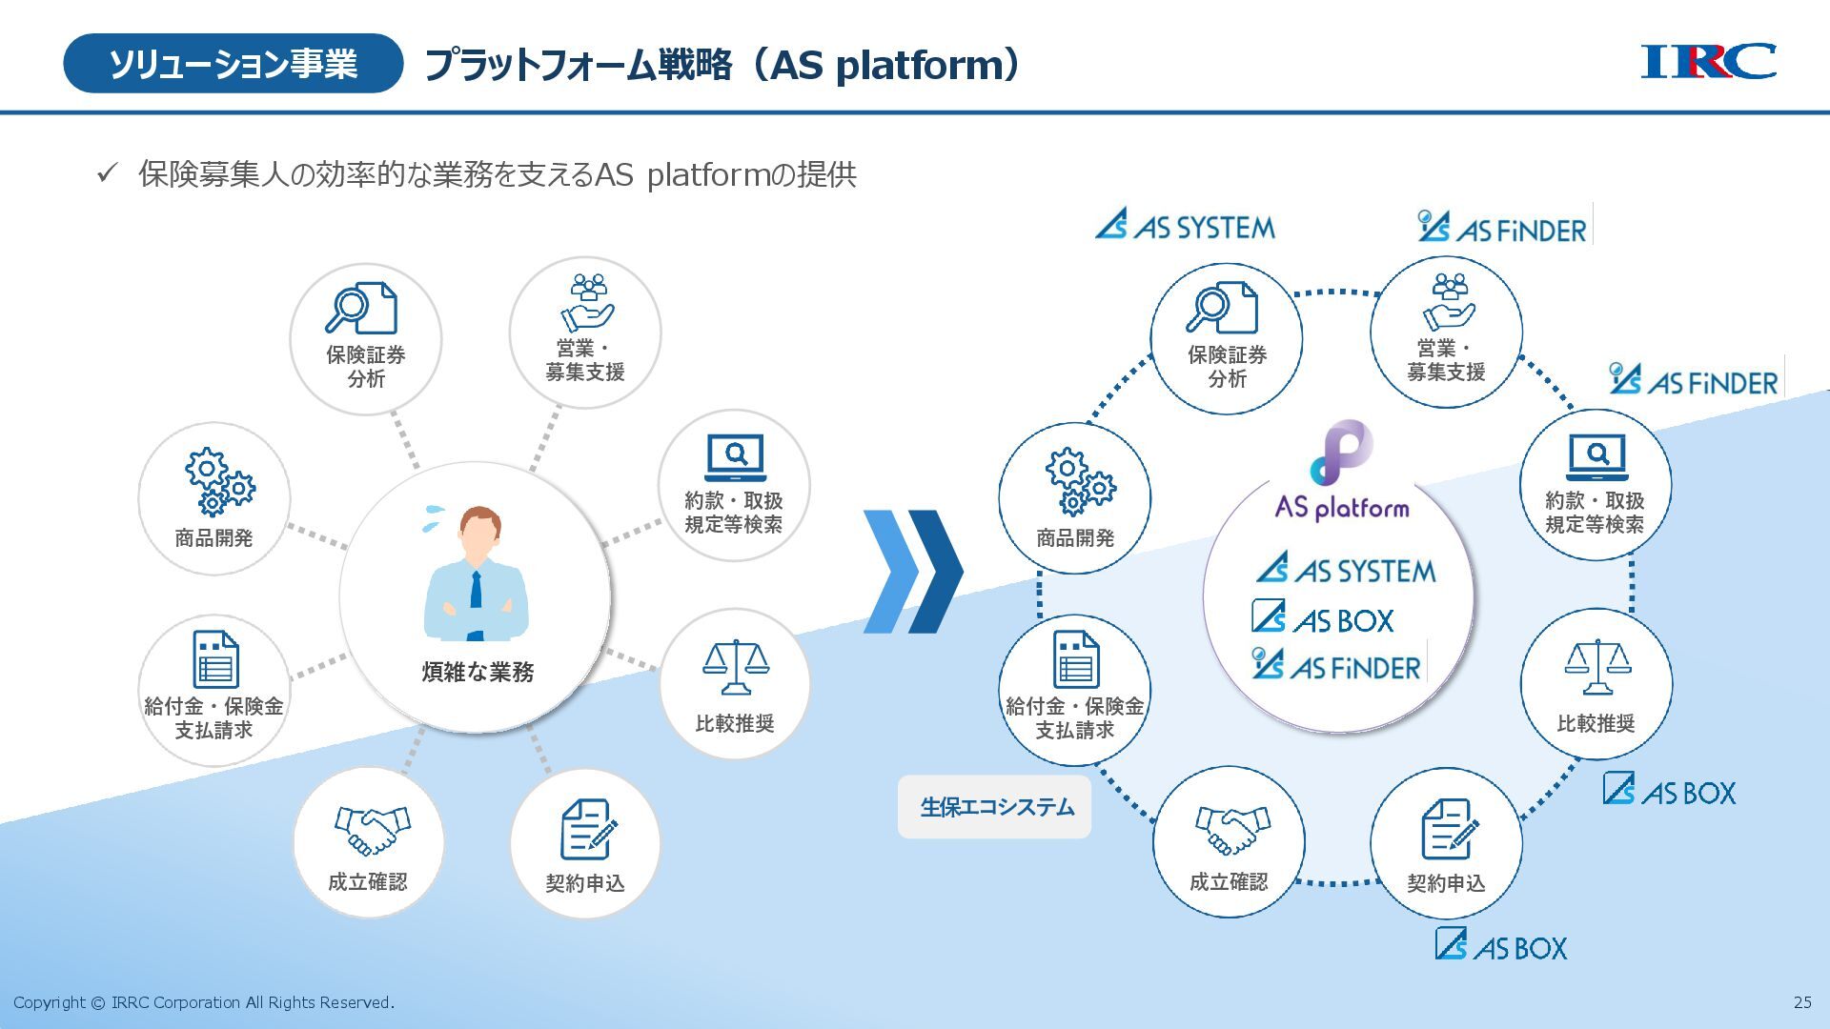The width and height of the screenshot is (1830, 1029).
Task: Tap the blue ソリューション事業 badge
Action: (x=233, y=64)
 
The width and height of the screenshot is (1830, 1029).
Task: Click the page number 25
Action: (x=1802, y=1002)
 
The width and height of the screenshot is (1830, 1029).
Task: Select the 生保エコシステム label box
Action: (x=994, y=807)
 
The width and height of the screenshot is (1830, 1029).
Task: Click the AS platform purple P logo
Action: (x=1342, y=454)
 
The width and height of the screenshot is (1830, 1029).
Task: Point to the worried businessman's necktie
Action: (x=476, y=590)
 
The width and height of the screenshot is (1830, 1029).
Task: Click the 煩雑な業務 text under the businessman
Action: (x=478, y=673)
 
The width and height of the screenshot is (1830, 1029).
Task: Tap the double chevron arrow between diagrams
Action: (x=912, y=572)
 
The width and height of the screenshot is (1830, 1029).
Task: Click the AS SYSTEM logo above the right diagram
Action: (x=1185, y=226)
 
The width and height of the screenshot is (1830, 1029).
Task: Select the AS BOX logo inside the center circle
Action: (x=1323, y=618)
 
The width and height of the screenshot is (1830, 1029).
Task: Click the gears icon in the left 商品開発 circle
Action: (x=218, y=481)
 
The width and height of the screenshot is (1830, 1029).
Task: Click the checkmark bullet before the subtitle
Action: (x=107, y=173)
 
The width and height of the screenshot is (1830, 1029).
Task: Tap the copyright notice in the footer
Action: (x=204, y=1002)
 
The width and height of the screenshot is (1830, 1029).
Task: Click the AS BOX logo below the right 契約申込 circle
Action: (x=1501, y=946)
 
